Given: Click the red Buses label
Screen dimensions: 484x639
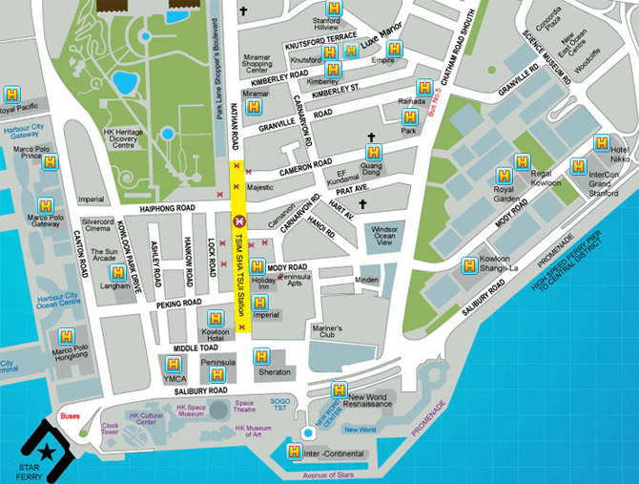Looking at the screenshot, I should click(71, 416).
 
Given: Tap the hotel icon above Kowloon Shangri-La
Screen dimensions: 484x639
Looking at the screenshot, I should click(470, 265).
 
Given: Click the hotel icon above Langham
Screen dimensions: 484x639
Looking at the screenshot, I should click(118, 273).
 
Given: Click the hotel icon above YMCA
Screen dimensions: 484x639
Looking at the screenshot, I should click(173, 364).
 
